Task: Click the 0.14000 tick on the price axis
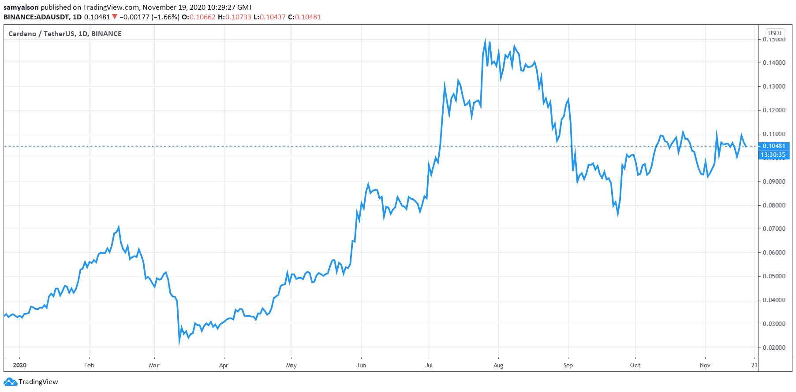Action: click(774, 63)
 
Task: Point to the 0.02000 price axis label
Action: click(774, 348)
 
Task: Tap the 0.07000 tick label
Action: click(774, 229)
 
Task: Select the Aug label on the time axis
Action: click(498, 365)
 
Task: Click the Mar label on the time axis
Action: click(154, 365)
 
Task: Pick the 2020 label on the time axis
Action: click(19, 365)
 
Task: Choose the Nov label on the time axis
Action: click(705, 365)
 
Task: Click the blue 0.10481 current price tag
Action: click(774, 146)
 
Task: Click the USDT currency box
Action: click(775, 33)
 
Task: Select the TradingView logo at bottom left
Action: click(31, 381)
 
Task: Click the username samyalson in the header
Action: click(21, 7)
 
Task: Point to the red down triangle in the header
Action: click(115, 17)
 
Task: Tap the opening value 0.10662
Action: click(202, 17)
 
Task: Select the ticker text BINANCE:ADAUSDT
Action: click(36, 17)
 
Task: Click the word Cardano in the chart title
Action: click(22, 33)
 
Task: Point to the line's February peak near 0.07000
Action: click(119, 227)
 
